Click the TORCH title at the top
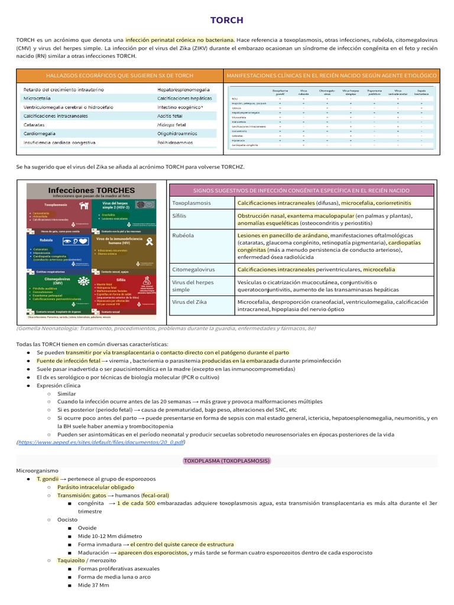(227, 20)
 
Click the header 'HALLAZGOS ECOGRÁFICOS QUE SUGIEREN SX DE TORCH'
(119, 76)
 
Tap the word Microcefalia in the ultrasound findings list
(39, 98)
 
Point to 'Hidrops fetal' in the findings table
(171, 125)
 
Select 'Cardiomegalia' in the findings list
(41, 134)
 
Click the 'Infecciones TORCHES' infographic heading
(91, 190)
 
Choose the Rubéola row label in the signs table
(183, 235)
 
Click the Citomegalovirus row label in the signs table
(194, 269)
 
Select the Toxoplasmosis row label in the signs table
(191, 203)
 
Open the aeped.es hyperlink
(101, 442)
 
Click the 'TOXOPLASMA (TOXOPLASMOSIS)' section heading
(227, 460)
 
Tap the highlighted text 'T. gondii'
(48, 478)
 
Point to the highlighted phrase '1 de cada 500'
(136, 503)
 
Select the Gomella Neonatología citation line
(167, 328)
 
